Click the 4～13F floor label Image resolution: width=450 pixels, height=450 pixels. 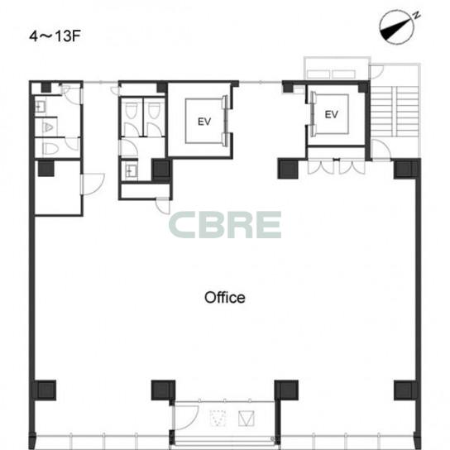[x=55, y=36]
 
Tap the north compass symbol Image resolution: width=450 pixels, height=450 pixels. [x=399, y=27]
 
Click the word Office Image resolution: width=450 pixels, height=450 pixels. [x=225, y=298]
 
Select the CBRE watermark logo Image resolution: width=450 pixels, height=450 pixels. [x=225, y=225]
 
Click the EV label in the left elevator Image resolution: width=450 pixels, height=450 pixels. [x=204, y=122]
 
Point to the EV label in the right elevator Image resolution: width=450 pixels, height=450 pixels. [x=331, y=115]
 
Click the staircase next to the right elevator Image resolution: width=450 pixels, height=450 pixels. [x=395, y=112]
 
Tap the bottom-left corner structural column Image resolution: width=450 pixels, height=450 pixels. [x=45, y=390]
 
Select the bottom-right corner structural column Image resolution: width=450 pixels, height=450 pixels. [x=405, y=390]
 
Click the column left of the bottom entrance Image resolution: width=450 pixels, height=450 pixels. [x=163, y=390]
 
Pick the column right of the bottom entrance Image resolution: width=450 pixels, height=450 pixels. [x=286, y=390]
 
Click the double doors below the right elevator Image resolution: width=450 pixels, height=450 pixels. [x=337, y=166]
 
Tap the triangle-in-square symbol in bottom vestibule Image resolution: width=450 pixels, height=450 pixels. [x=247, y=419]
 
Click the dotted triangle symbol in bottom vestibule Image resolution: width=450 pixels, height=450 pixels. [x=218, y=419]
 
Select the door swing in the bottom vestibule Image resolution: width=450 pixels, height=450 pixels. [x=186, y=418]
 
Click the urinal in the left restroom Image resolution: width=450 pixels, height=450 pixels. [x=48, y=127]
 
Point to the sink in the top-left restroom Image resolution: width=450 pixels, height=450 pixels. [x=40, y=107]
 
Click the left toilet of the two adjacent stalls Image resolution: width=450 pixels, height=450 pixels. [x=131, y=109]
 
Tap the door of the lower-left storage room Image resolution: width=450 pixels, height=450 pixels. [x=93, y=184]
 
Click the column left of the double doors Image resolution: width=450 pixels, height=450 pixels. [x=288, y=170]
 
